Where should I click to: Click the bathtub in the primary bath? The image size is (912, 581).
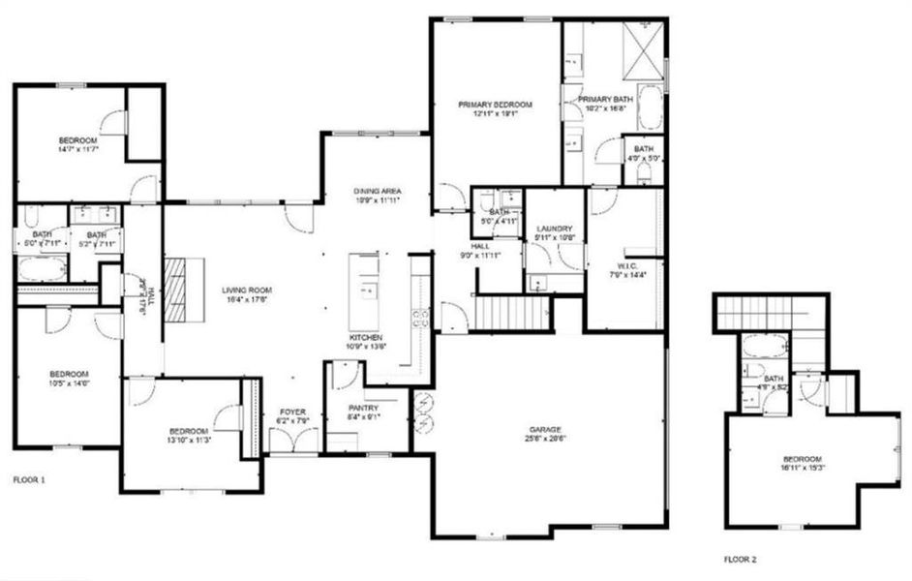pos(650,110)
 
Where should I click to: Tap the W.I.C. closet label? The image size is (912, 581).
pos(623,269)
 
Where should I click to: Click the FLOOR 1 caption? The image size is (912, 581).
pos(30,478)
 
